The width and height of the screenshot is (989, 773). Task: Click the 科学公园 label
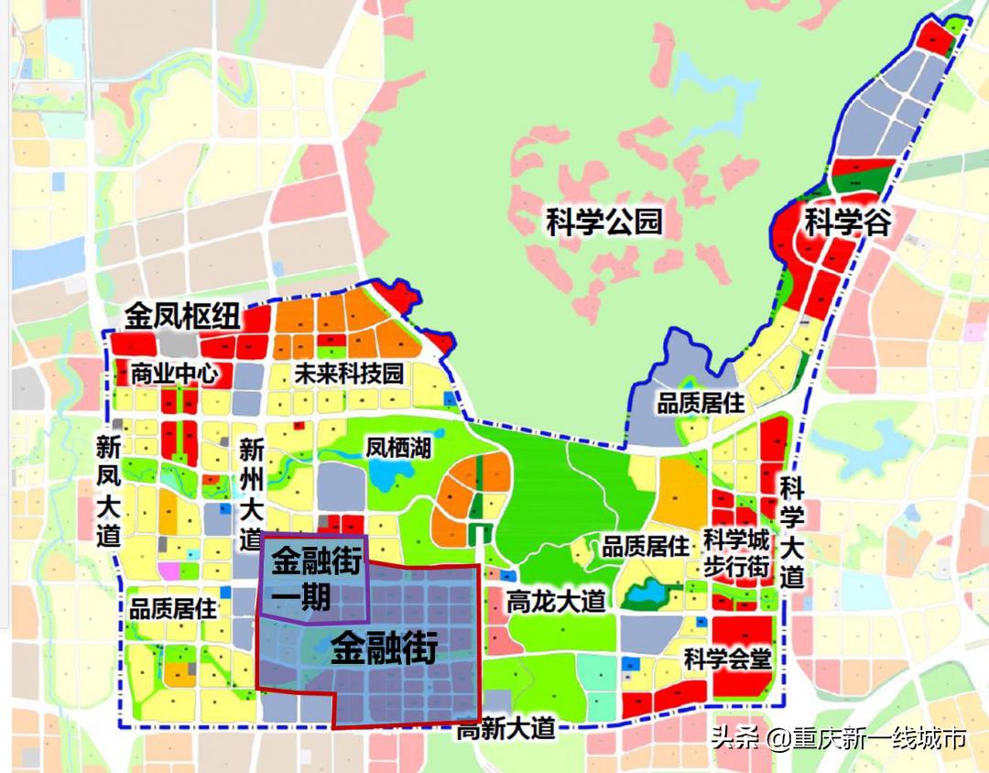pyautogui.click(x=603, y=222)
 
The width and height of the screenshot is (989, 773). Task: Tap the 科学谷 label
pyautogui.click(x=847, y=222)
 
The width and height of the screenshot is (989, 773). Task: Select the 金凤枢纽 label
pyautogui.click(x=183, y=317)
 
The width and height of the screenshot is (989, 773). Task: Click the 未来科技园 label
pyautogui.click(x=349, y=374)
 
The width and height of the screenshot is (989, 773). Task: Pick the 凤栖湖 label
pyautogui.click(x=398, y=448)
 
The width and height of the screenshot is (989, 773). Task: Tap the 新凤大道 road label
pyautogui.click(x=109, y=492)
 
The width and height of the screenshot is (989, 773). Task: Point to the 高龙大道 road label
pyautogui.click(x=556, y=601)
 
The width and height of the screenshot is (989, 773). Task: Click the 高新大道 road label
pyautogui.click(x=506, y=730)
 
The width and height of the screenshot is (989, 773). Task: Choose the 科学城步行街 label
pyautogui.click(x=736, y=553)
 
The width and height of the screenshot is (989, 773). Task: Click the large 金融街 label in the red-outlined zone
pyautogui.click(x=384, y=648)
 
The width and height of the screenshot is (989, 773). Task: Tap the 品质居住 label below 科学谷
pyautogui.click(x=701, y=403)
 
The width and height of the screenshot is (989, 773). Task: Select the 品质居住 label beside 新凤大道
pyautogui.click(x=172, y=607)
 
